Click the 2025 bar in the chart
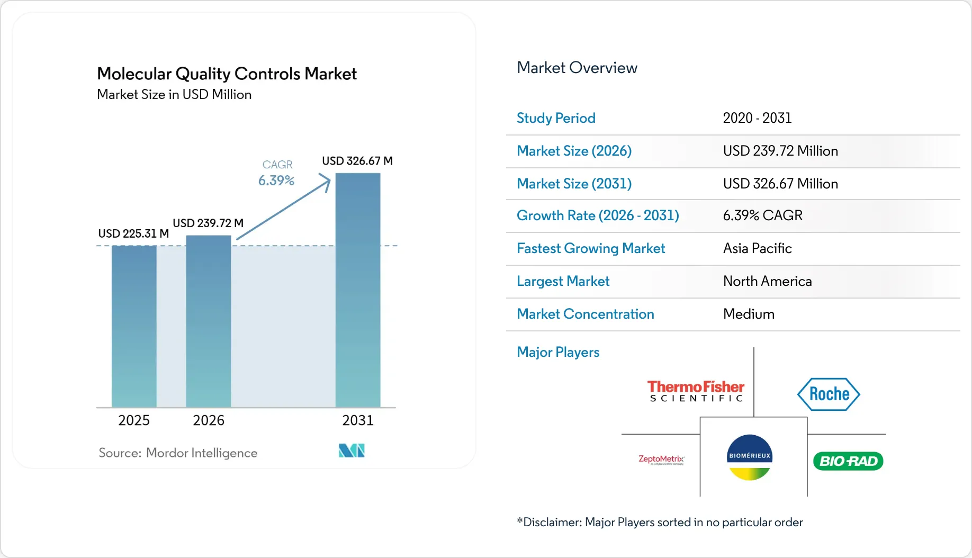point(134,326)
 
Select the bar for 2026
point(209,321)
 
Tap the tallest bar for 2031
point(358,290)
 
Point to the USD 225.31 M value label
point(133,233)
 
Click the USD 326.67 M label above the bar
point(357,161)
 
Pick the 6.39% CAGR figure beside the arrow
point(276,181)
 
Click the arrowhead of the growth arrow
point(326,182)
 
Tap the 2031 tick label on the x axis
point(358,420)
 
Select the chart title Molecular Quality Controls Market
point(227,74)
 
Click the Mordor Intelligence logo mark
point(352,451)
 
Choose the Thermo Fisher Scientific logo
point(696,391)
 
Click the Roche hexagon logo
point(829,394)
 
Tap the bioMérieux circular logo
point(750,457)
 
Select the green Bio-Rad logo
point(848,461)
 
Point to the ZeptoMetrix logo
point(661,460)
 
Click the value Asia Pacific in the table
point(757,248)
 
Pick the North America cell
point(767,281)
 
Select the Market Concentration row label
point(585,314)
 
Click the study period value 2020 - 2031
point(757,118)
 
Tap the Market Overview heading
point(577,68)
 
